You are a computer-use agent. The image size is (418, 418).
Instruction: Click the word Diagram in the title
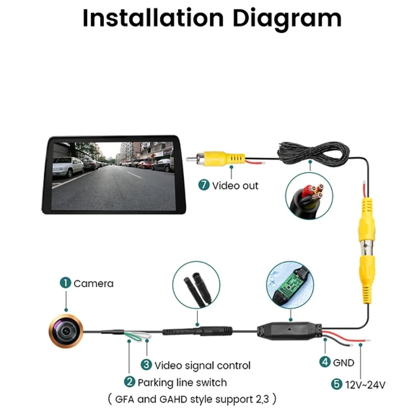pyautogui.click(x=287, y=19)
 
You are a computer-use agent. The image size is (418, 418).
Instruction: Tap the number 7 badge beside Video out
pyautogui.click(x=204, y=185)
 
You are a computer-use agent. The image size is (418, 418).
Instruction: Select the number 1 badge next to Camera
pyautogui.click(x=65, y=283)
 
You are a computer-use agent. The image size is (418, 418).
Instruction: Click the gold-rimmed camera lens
pyautogui.click(x=66, y=331)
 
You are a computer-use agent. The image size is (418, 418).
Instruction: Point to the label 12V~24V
pyautogui.click(x=365, y=385)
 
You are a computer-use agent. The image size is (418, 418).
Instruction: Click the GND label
pyautogui.click(x=344, y=363)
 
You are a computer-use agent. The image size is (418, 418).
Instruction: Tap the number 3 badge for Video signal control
pyautogui.click(x=146, y=365)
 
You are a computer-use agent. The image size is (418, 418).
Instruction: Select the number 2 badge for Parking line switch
pyautogui.click(x=130, y=382)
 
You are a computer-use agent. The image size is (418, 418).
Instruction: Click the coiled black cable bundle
pyautogui.click(x=313, y=153)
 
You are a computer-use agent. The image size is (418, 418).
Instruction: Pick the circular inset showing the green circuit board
pyautogui.click(x=290, y=285)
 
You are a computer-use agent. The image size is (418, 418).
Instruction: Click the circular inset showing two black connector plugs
pyautogui.click(x=196, y=285)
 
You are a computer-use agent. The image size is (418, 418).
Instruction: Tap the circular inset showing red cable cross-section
pyautogui.click(x=309, y=196)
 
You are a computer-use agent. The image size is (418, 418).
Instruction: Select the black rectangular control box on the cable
pyautogui.click(x=289, y=331)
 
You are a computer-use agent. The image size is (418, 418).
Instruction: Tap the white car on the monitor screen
pyautogui.click(x=68, y=167)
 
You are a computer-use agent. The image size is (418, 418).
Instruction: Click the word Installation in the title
pyautogui.click(x=153, y=18)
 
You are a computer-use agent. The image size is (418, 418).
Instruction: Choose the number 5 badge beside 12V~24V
pyautogui.click(x=336, y=384)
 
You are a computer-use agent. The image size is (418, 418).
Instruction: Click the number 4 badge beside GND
pyautogui.click(x=325, y=362)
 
